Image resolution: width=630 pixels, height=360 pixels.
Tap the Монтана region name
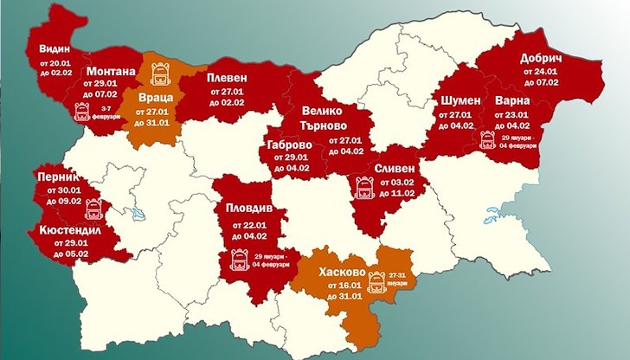pos(110,71)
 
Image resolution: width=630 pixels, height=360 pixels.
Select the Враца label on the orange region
pos(155,99)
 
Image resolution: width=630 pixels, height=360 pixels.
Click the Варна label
pos(512,101)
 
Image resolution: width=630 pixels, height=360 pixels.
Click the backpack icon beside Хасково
pos(376,280)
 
